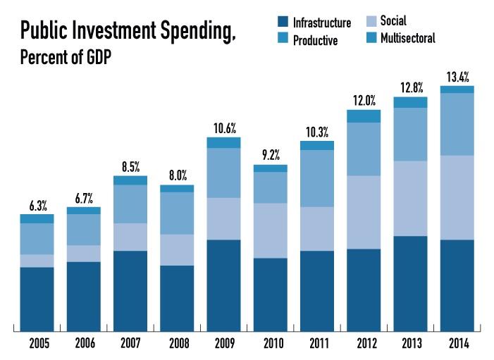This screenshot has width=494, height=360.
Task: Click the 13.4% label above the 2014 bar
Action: (457, 76)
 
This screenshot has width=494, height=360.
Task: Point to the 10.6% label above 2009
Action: (224, 128)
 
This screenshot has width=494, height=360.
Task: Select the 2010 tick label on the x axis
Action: (271, 343)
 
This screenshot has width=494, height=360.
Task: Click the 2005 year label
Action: (37, 343)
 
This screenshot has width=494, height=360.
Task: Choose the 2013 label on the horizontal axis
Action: (410, 343)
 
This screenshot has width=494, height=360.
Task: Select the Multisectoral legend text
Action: (407, 38)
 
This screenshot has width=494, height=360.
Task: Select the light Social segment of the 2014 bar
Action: (457, 197)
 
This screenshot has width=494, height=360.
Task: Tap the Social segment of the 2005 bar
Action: (37, 261)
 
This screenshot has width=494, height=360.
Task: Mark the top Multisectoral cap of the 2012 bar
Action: (364, 116)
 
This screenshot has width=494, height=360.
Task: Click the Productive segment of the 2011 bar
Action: (317, 178)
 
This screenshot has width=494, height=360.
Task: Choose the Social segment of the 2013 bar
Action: (410, 198)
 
